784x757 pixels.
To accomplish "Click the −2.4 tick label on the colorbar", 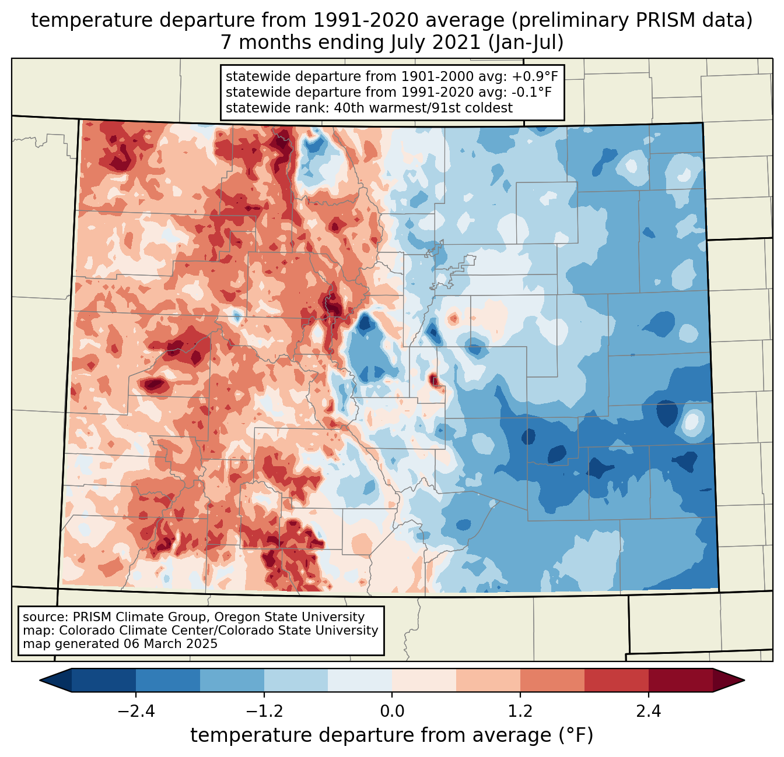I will point(136,712).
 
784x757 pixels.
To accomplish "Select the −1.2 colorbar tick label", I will point(264,712).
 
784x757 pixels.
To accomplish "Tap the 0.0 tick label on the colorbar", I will point(392,712).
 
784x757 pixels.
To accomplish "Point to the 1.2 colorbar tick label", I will point(520,712).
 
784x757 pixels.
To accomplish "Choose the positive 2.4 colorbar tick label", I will point(648,712).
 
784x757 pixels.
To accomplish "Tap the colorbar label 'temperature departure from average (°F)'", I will point(391,735).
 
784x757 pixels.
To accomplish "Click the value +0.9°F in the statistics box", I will point(535,77).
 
